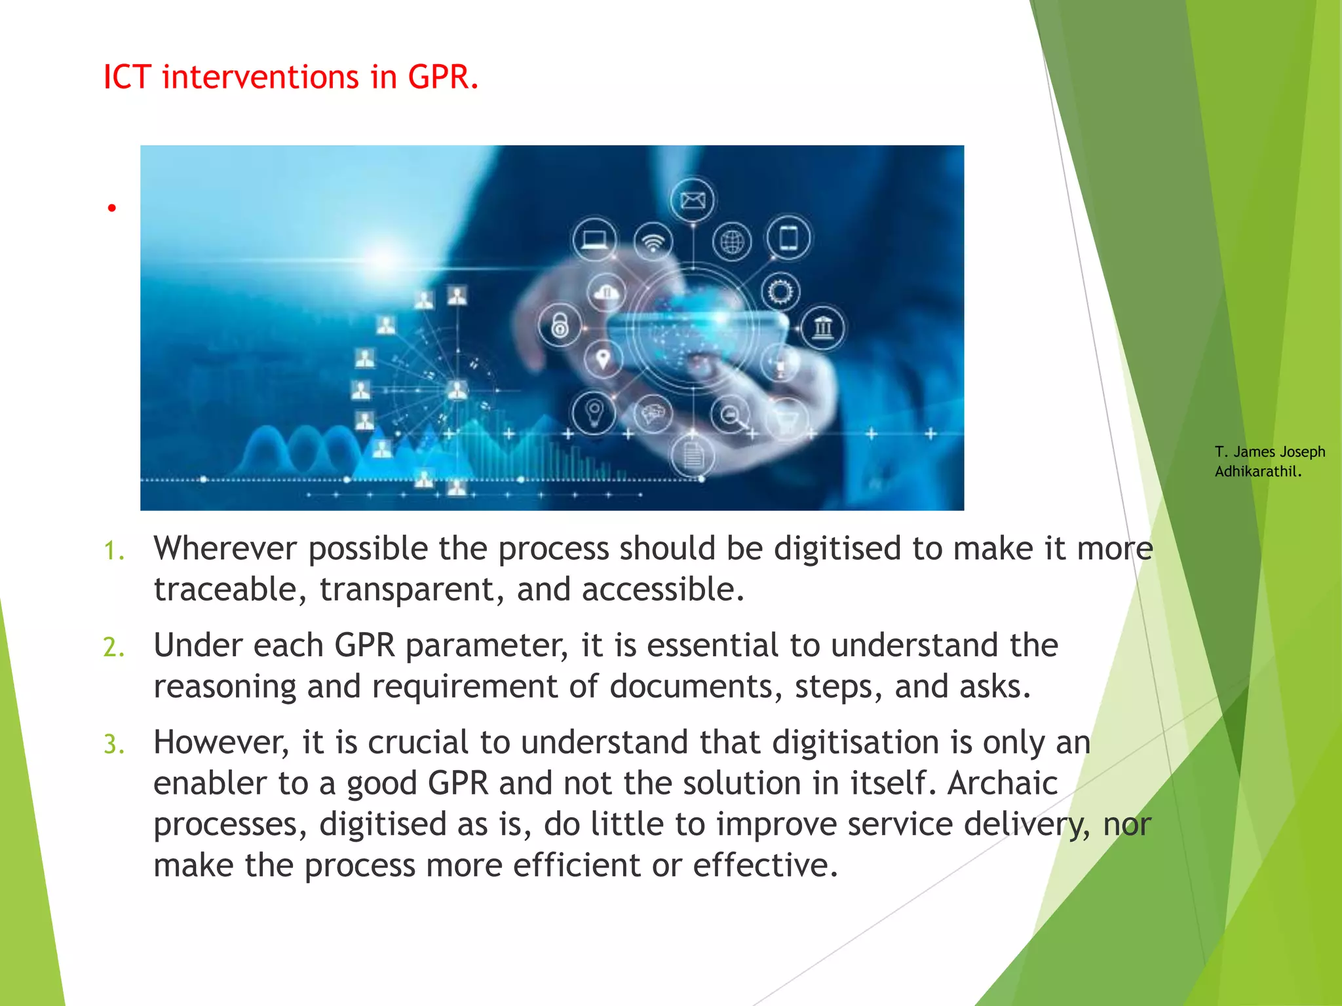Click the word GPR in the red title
[442, 77]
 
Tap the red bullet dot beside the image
[112, 208]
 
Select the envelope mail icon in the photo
[693, 200]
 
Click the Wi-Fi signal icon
[653, 242]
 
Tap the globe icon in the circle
[732, 242]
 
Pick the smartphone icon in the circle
[788, 237]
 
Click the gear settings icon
[780, 291]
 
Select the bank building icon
[822, 327]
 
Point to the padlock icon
[560, 325]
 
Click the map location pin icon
[603, 359]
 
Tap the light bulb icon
[594, 413]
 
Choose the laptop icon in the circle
[594, 239]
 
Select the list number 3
[113, 745]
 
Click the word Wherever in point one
[225, 549]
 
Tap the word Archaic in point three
[1003, 783]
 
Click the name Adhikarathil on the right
[1257, 472]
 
